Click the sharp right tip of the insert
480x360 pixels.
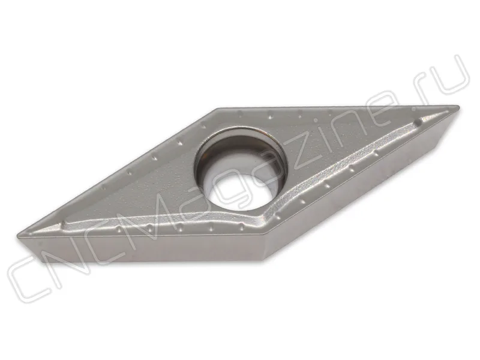(458, 107)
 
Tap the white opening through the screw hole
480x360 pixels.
(242, 189)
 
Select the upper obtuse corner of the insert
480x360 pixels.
(218, 109)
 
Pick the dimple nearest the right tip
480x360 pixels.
(416, 123)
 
